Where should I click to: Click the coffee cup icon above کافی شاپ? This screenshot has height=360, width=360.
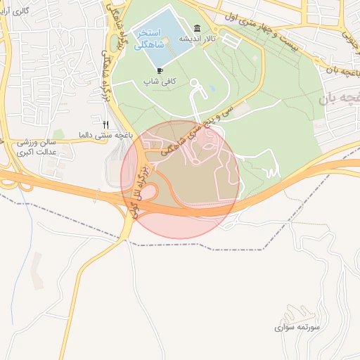[160, 70]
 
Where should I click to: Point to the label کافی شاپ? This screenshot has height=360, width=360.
[160, 82]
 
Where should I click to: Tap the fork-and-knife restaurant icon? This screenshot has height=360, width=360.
[106, 124]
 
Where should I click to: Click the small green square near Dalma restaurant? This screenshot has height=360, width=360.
[60, 134]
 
